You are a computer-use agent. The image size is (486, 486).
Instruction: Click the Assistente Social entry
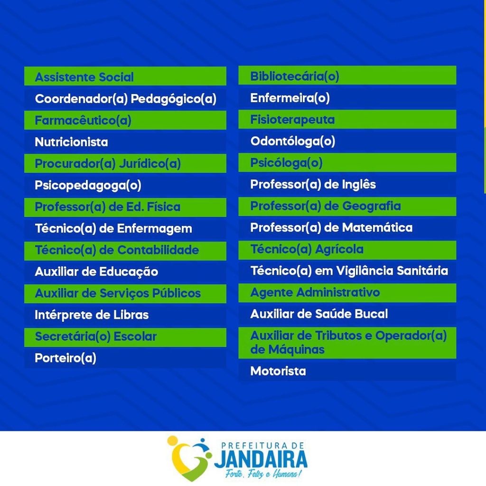[x=84, y=77]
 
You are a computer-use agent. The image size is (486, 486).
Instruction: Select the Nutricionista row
[x=71, y=142]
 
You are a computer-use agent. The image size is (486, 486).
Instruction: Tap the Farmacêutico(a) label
[x=83, y=121]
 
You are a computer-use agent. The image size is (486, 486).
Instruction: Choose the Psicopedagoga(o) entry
[x=88, y=186]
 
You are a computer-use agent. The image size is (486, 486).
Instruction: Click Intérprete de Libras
[x=92, y=315]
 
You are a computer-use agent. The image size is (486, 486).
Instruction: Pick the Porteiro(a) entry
[x=65, y=358]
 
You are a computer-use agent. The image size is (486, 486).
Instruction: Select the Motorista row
[x=278, y=371]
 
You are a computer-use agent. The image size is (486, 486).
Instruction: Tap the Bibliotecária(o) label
[x=295, y=76]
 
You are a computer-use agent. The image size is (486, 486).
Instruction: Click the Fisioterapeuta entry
[x=292, y=120]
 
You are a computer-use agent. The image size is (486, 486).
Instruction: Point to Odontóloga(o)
[x=293, y=141]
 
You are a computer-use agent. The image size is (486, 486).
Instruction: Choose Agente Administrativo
[x=315, y=292]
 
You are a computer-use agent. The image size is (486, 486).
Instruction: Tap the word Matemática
[x=377, y=227]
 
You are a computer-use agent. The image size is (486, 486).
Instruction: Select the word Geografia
[x=371, y=206]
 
